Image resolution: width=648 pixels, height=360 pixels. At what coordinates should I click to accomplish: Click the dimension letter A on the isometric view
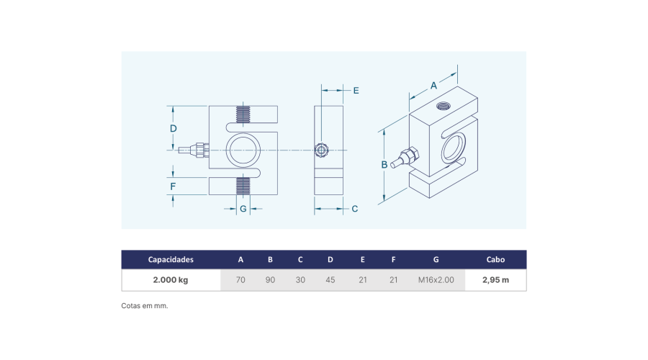(x=433, y=86)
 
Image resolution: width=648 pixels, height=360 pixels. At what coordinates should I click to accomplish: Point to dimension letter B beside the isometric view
(x=384, y=164)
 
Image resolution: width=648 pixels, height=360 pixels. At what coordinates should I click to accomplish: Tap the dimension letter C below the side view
(x=354, y=209)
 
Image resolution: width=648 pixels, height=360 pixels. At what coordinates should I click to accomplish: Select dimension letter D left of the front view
(x=173, y=129)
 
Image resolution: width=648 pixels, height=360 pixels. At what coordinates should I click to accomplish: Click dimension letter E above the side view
(x=356, y=91)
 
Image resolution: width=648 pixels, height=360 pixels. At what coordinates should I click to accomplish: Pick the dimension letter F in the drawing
(x=173, y=186)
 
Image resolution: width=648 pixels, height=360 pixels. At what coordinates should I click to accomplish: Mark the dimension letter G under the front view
(x=243, y=209)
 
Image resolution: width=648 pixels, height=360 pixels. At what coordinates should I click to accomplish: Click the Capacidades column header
(x=171, y=260)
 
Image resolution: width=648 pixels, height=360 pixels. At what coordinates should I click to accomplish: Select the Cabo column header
(x=495, y=260)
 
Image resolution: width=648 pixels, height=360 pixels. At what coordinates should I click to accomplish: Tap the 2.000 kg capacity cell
(x=171, y=280)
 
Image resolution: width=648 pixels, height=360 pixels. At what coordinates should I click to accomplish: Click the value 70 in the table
(x=240, y=280)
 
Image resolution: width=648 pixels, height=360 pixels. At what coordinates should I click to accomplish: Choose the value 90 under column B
(x=270, y=280)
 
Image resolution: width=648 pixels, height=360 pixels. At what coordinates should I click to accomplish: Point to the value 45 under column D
(x=330, y=280)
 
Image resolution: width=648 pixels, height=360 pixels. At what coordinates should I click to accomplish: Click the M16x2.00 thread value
(x=436, y=280)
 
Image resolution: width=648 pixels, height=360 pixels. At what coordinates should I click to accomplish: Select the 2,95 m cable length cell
(x=495, y=280)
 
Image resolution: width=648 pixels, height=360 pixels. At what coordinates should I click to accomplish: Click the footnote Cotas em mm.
(x=145, y=306)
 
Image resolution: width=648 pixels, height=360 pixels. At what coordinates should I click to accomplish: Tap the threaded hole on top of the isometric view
(x=443, y=106)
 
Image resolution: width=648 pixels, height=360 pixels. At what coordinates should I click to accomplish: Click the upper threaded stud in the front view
(x=243, y=114)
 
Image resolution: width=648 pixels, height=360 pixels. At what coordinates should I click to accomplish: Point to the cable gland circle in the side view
(x=321, y=150)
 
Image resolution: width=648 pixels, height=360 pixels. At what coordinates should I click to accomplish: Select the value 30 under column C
(x=300, y=280)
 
